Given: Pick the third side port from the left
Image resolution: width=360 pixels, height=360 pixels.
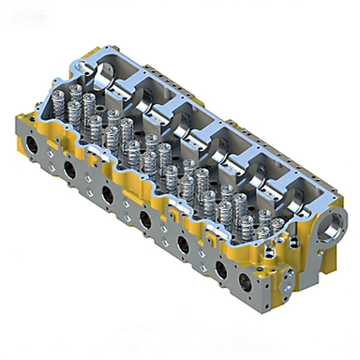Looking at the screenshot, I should point(108,194).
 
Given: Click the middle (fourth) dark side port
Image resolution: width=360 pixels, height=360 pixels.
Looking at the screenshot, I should point(144,220).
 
